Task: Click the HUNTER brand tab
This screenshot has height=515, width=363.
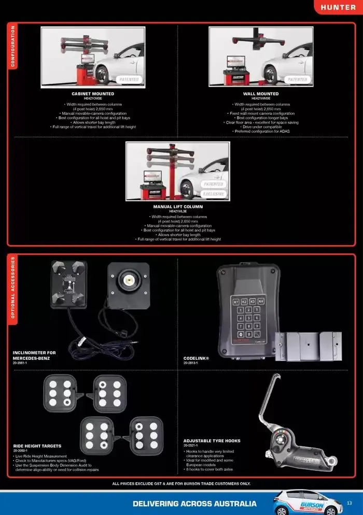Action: pyautogui.click(x=338, y=7)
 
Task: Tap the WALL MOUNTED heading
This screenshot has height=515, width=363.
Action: pyautogui.click(x=260, y=94)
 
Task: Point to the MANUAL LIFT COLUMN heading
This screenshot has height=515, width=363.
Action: pyautogui.click(x=177, y=207)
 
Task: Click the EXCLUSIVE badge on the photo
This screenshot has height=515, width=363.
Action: pyautogui.click(x=213, y=194)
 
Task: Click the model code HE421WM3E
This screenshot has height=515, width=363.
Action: pyautogui.click(x=260, y=98)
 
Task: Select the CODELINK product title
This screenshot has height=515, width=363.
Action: pyautogui.click(x=196, y=358)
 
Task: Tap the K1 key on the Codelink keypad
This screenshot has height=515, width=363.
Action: pyautogui.click(x=236, y=301)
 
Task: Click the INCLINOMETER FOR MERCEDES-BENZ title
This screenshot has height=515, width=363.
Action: pyautogui.click(x=34, y=355)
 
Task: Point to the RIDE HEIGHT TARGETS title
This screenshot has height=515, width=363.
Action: pyautogui.click(x=37, y=446)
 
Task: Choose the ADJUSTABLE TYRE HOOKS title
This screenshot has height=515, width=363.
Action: pyautogui.click(x=211, y=441)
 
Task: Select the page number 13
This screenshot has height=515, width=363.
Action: pyautogui.click(x=349, y=503)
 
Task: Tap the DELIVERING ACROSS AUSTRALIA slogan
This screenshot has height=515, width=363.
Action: pyautogui.click(x=194, y=504)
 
